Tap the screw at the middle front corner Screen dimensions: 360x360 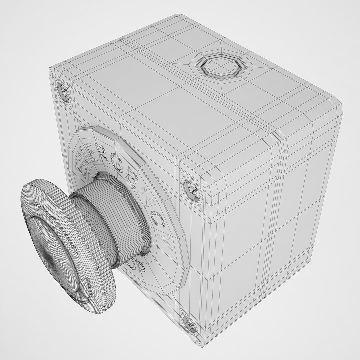pyautogui.click(x=192, y=190)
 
